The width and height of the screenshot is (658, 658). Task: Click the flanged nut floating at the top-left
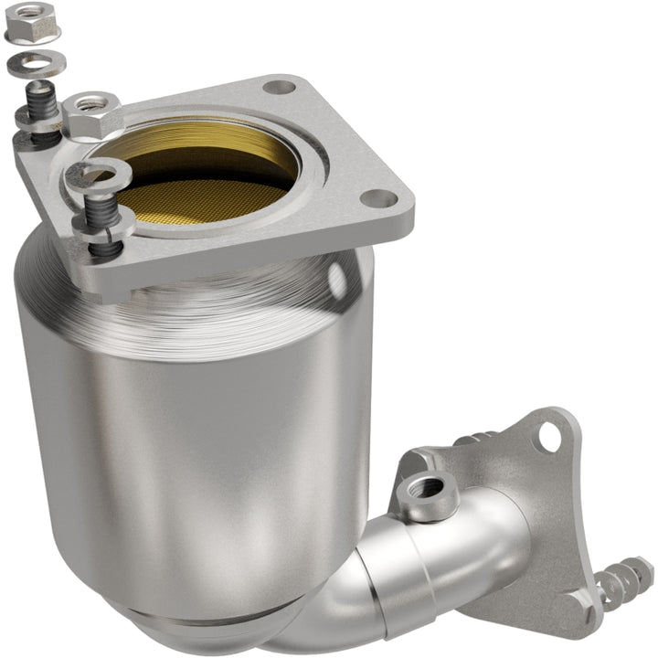32,21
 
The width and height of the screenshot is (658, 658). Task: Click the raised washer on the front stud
95,173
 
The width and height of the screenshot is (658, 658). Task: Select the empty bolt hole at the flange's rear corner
280,88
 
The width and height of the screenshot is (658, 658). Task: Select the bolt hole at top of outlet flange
548,438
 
